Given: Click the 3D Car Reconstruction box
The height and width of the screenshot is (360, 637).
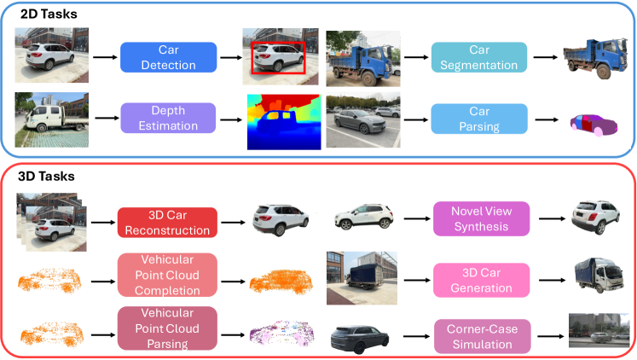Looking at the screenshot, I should coord(168,221).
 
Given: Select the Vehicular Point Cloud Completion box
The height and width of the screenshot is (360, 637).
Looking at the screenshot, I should coord(168,276).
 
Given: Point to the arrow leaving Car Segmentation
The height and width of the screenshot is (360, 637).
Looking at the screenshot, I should coord(539,57).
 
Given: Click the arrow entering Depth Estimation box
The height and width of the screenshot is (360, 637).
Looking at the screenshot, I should coord(104,119).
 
